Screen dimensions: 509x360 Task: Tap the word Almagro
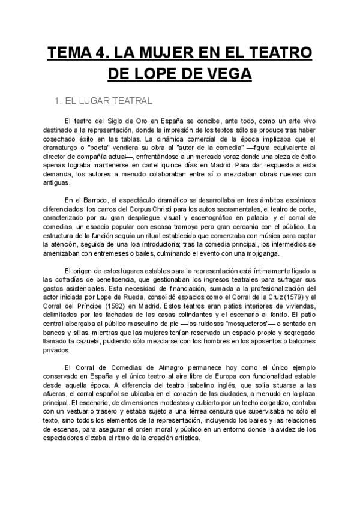(163, 367)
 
